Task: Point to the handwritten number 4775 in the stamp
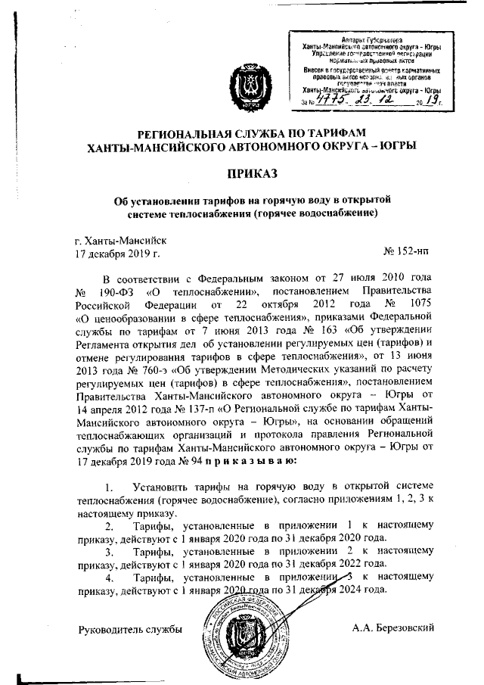tap(328, 98)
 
